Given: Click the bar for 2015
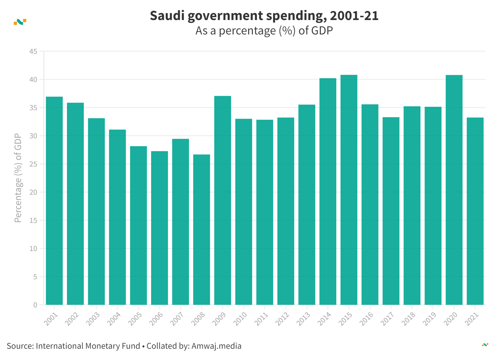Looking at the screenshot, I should point(349,190).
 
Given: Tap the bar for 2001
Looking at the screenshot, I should point(54,201).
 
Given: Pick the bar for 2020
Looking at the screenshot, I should point(454,190).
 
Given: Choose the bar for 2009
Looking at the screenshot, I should point(223,200).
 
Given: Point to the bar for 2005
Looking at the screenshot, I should point(139,225).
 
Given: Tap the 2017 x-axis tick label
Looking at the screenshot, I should point(388,319).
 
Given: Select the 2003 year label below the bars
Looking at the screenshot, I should point(93,319).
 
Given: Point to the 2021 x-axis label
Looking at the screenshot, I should point(472,319).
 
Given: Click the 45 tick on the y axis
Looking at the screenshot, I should point(33,51).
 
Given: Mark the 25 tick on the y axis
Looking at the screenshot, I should point(33,164).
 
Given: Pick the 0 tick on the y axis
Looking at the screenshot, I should point(35,305).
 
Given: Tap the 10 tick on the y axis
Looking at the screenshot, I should point(33,249).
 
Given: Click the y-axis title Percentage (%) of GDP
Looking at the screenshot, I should point(18,178).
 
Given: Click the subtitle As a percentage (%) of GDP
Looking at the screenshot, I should point(264,31).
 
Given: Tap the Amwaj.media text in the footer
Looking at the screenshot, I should point(216,346).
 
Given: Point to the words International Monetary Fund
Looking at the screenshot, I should point(88,346).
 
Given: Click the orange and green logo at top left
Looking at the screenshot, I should point(20,22).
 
